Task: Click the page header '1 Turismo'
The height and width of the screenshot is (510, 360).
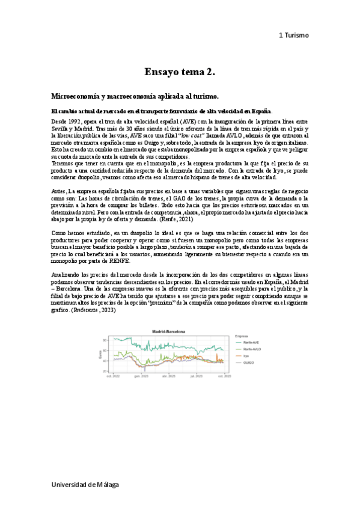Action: (x=293, y=35)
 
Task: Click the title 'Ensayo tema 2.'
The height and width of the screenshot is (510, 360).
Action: (x=180, y=73)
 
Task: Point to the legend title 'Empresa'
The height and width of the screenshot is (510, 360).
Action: (x=243, y=336)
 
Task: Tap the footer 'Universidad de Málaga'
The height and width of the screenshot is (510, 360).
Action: (x=84, y=484)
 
